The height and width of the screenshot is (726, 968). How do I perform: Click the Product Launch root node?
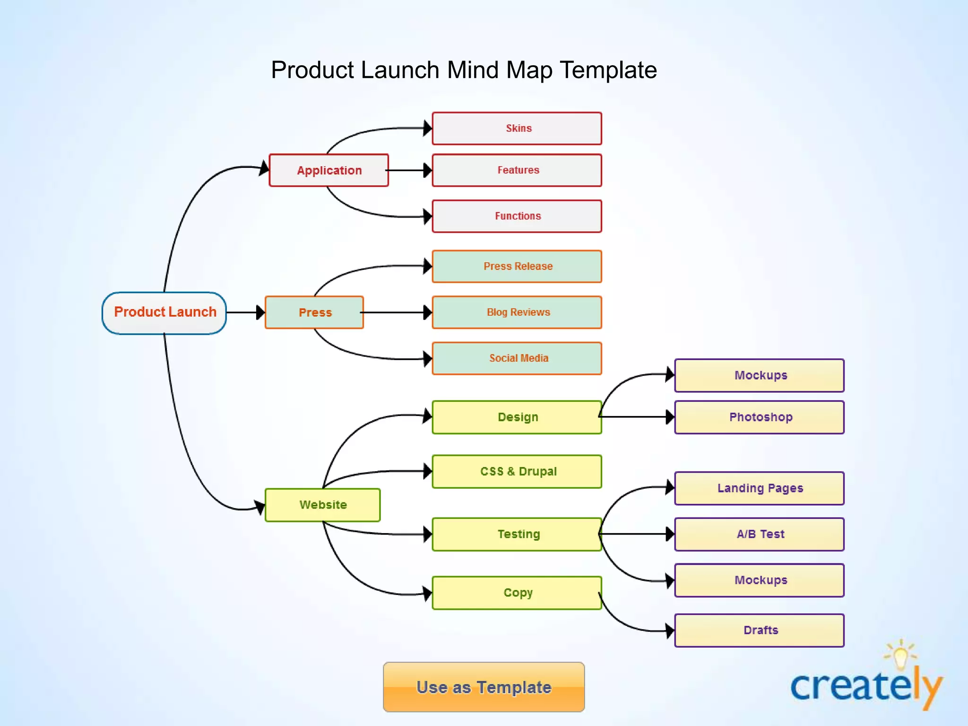[x=164, y=313]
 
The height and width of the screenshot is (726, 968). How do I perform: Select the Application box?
[x=329, y=170]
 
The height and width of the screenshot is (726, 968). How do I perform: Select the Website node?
[x=323, y=505]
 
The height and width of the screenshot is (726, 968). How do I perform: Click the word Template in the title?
[x=608, y=70]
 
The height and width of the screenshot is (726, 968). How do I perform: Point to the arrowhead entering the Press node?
[x=260, y=312]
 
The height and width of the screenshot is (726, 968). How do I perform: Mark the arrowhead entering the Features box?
[x=427, y=170]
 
